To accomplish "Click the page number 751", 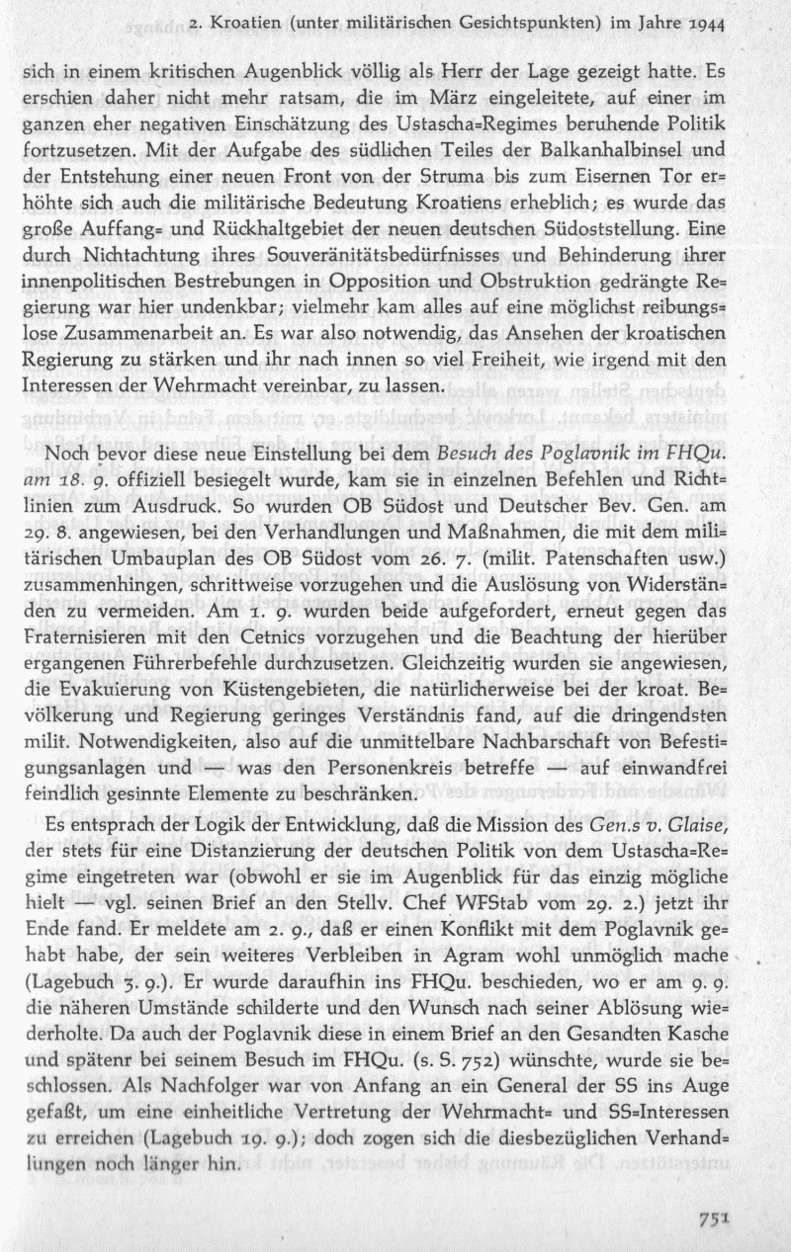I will pos(713,1219).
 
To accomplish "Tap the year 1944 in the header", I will pos(703,21).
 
